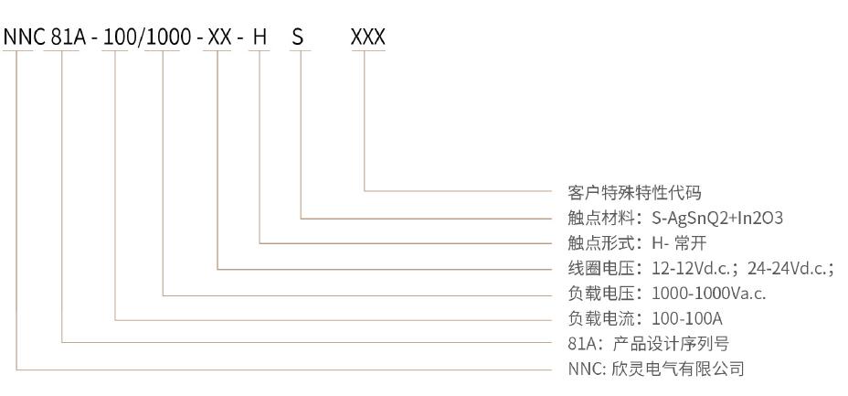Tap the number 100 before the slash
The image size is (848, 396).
click(117, 37)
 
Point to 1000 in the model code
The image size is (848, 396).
click(163, 37)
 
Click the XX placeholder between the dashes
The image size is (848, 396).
click(219, 37)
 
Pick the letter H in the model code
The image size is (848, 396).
click(260, 37)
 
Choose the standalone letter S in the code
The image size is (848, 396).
click(298, 37)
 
